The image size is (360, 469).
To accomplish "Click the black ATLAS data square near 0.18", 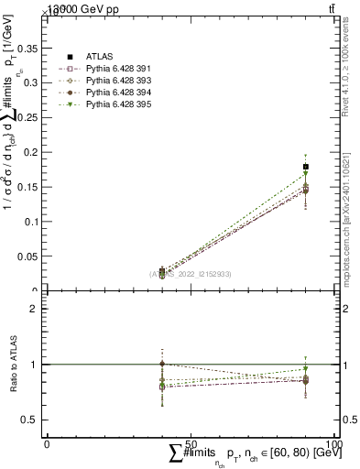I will click(305, 167).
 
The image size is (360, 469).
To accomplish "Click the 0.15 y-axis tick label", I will click(28, 152).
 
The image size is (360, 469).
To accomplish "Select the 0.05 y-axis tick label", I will click(28, 256).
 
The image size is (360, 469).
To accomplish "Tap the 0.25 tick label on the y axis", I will click(28, 117).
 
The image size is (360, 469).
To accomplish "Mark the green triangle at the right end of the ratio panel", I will click(305, 369).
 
